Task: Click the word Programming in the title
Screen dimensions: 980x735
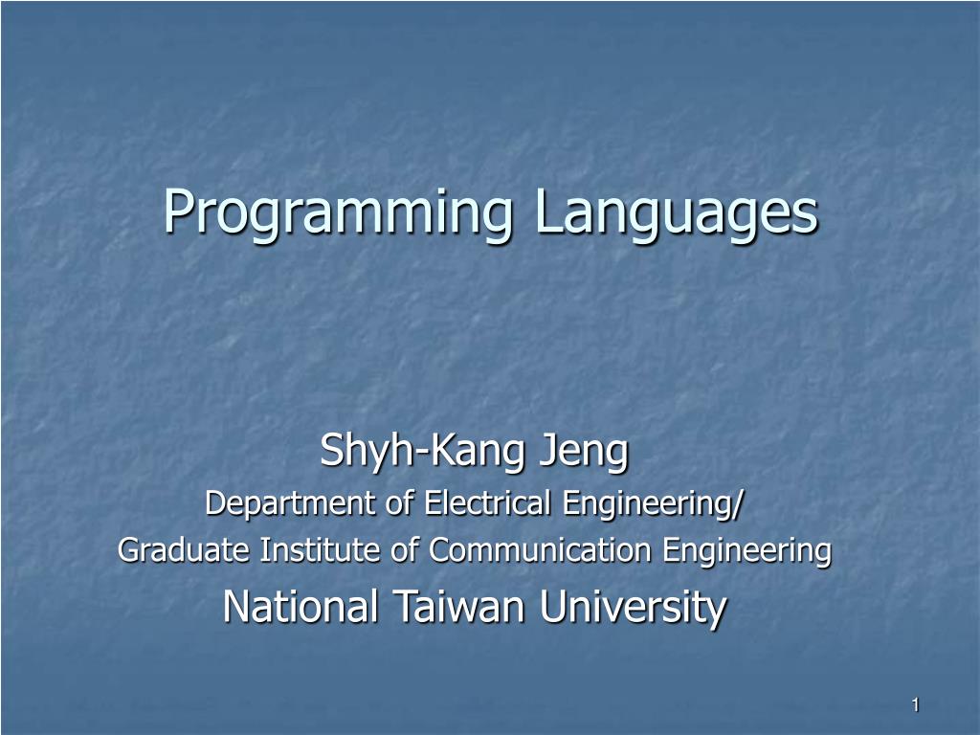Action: coord(338,213)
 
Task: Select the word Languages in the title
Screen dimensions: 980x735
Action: coord(677,213)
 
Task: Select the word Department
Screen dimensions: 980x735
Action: coord(291,503)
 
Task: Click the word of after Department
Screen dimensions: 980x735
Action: coord(399,502)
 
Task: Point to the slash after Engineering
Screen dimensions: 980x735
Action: coord(737,503)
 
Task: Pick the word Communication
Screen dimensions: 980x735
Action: coord(540,550)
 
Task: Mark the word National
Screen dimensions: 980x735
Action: coord(301,606)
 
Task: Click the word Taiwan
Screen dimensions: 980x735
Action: coord(458,606)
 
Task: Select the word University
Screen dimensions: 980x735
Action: coord(634,608)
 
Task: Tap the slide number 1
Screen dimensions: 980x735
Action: coord(916,705)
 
